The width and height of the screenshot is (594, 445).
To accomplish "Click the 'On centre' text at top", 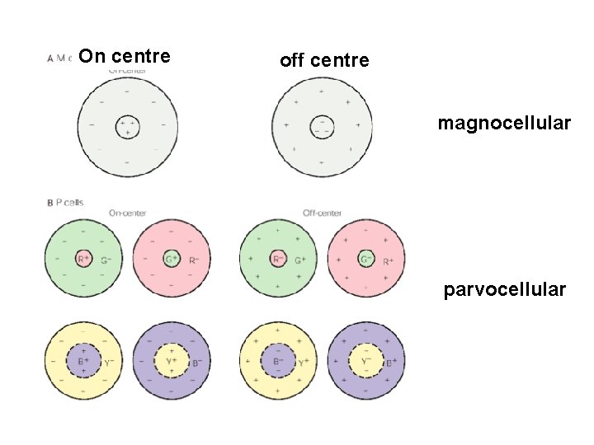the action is tap(126, 56).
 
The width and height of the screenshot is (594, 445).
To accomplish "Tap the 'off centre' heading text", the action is tap(324, 60).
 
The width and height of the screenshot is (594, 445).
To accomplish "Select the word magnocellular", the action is tap(504, 124).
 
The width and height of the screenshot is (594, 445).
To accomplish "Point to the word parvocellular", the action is tap(505, 289).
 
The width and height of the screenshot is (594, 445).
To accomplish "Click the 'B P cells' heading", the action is tap(65, 203).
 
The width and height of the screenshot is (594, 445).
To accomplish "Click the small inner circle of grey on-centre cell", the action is tap(127, 126).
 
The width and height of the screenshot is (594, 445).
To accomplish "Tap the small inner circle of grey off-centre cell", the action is tap(323, 126).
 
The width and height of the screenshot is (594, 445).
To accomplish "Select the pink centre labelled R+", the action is tap(83, 260).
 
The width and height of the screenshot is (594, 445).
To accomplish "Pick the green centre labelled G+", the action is tap(172, 260).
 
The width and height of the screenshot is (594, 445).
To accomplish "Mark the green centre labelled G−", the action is tap(366, 260).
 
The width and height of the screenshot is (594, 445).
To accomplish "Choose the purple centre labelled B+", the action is tap(83, 360).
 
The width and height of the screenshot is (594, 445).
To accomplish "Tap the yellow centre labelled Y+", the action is tap(172, 360).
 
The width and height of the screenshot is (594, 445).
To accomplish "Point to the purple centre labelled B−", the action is tap(278, 360).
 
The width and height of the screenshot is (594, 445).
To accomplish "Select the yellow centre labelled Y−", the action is tap(366, 360).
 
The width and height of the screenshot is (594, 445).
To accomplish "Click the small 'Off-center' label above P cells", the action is tap(322, 213).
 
